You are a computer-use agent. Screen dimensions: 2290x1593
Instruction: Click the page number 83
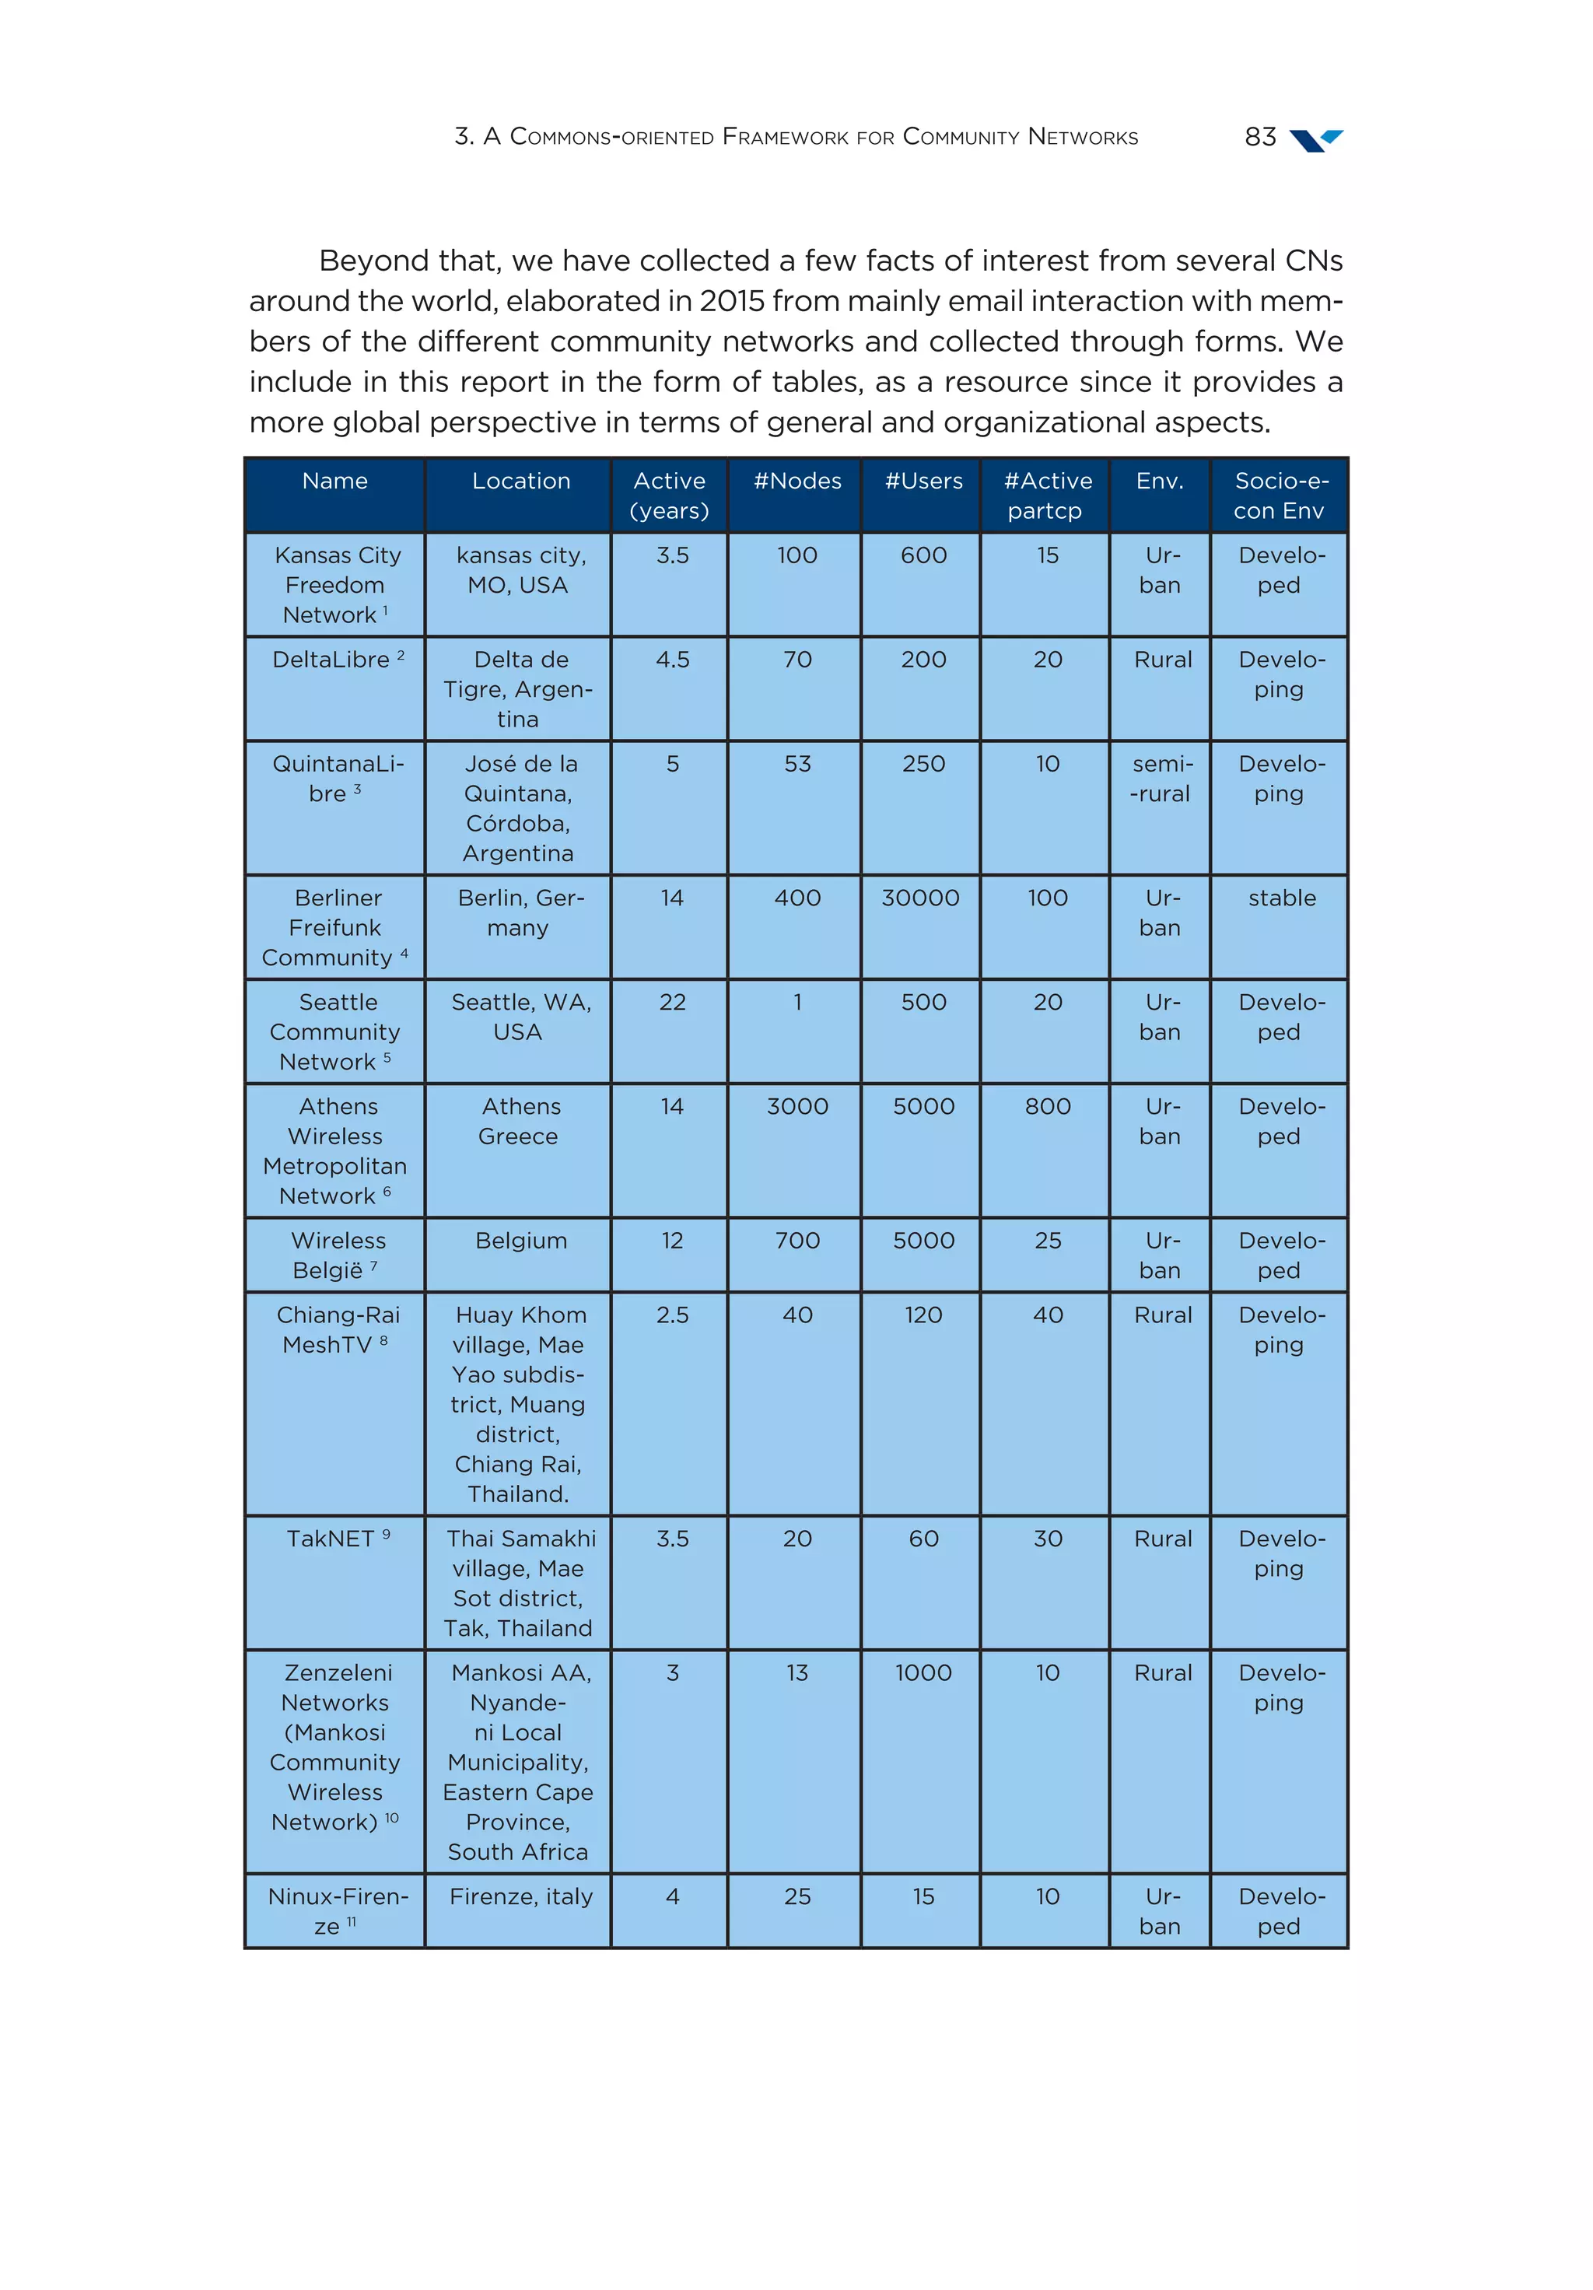click(x=1260, y=137)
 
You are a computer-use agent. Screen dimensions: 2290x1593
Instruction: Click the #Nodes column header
click(x=796, y=481)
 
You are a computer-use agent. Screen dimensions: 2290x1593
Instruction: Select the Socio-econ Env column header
click(x=1280, y=495)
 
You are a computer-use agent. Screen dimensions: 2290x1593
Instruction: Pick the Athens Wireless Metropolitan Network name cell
click(x=335, y=1151)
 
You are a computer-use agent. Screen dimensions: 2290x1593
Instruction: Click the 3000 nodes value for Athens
click(x=796, y=1106)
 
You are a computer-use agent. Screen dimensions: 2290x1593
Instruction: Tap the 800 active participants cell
click(x=1046, y=1106)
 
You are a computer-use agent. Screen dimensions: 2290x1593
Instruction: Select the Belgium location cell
click(x=520, y=1241)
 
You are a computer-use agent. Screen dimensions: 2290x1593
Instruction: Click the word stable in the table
click(x=1281, y=898)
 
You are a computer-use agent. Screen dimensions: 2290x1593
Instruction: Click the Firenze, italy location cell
click(x=520, y=1896)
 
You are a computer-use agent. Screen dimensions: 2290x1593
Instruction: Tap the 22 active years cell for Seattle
click(x=671, y=1003)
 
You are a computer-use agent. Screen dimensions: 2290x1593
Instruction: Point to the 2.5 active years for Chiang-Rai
click(x=671, y=1315)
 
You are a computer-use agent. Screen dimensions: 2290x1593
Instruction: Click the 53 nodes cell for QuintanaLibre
click(x=796, y=764)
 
